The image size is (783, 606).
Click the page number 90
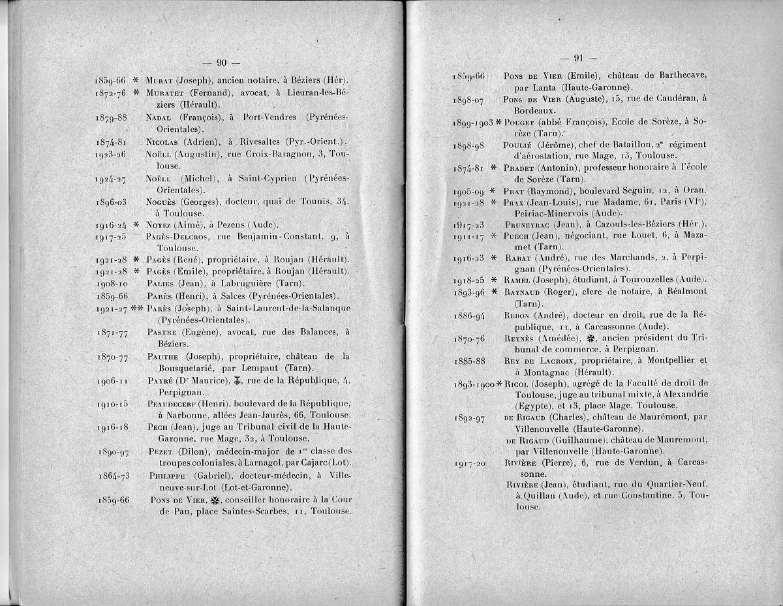(221, 63)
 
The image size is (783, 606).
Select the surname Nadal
(161, 117)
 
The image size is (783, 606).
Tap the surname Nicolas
(165, 142)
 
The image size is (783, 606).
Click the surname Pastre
(163, 332)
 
